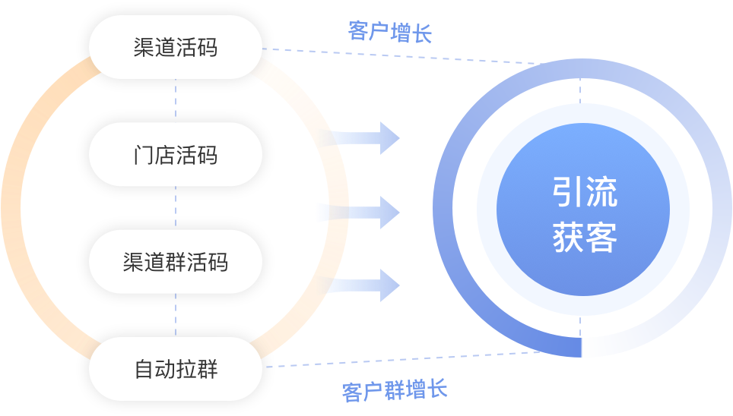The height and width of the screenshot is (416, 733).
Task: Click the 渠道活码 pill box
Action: (175, 47)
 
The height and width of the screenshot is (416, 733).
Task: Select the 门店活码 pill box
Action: (175, 155)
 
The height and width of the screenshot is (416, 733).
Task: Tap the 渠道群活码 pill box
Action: (175, 262)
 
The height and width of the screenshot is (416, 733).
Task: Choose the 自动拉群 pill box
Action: (175, 369)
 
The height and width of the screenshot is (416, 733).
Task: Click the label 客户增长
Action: (389, 32)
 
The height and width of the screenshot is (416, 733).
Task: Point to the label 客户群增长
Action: (394, 391)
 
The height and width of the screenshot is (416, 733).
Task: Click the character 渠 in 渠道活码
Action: (144, 47)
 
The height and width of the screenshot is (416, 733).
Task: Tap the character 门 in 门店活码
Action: (144, 155)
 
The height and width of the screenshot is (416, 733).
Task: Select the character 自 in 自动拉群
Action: (144, 370)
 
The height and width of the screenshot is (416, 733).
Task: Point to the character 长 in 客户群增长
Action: (437, 390)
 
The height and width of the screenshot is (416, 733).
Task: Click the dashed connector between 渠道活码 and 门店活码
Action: (176, 100)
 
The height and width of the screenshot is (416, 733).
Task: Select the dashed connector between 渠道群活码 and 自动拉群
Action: (176, 315)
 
